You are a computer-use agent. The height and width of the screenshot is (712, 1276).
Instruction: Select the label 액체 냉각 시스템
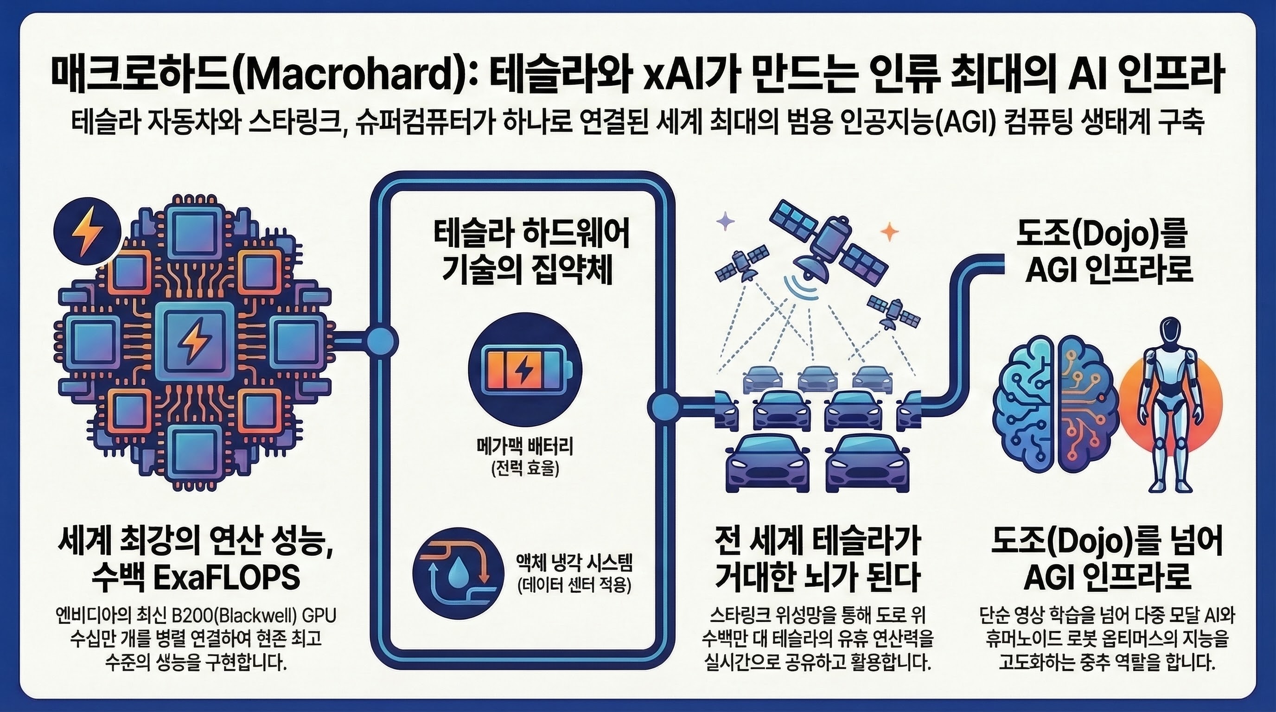click(574, 563)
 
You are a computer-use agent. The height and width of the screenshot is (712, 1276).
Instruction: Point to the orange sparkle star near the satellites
click(890, 232)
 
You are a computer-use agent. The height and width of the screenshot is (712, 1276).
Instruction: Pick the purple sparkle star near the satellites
click(726, 221)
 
